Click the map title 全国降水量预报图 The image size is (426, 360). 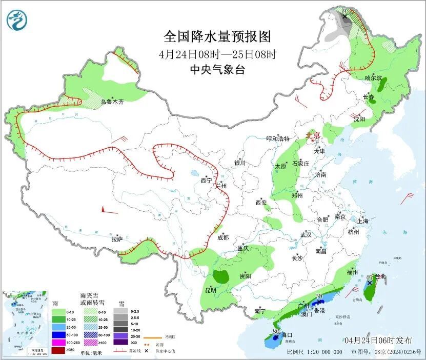tap(217, 37)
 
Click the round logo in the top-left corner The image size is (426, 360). tap(16, 20)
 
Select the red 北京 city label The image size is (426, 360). tap(313, 135)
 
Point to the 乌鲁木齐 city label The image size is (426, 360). tap(112, 102)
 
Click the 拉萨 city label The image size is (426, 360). tap(117, 239)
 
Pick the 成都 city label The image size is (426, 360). tap(222, 237)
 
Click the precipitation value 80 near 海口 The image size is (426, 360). tap(276, 332)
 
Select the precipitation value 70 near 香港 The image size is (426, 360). tap(318, 296)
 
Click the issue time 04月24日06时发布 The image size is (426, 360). tap(378, 340)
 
